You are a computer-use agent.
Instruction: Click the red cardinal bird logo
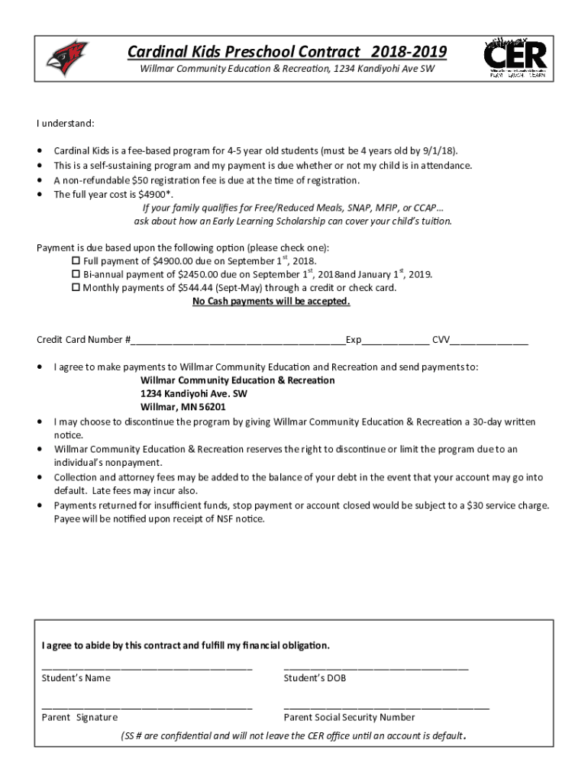(x=67, y=59)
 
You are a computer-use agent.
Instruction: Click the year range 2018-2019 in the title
(x=409, y=52)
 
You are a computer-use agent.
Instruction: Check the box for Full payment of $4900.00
(x=76, y=261)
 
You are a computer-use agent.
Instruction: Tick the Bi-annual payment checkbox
(x=76, y=275)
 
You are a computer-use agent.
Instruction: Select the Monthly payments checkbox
(x=76, y=289)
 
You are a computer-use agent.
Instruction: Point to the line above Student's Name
(x=147, y=668)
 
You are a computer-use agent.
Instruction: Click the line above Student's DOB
(x=376, y=668)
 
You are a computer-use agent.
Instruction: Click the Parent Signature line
(x=147, y=708)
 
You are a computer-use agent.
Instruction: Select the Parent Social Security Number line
(x=386, y=708)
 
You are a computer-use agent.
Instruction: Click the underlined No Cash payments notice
(x=271, y=302)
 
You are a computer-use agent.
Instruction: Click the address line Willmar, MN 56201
(x=183, y=407)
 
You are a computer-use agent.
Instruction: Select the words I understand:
(x=66, y=123)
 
